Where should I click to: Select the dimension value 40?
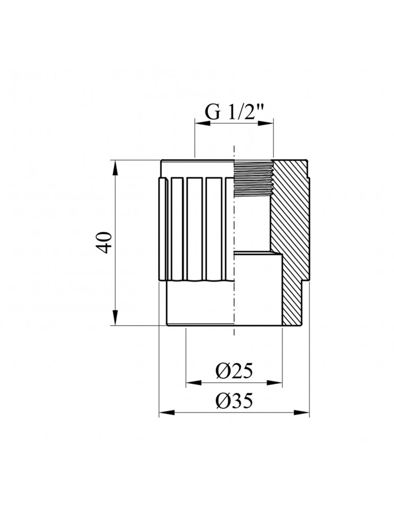(104, 242)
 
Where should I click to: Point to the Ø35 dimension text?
(234, 402)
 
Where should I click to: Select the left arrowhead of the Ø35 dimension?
(164, 411)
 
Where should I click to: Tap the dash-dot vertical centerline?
(234, 230)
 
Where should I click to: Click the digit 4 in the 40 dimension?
(104, 248)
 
